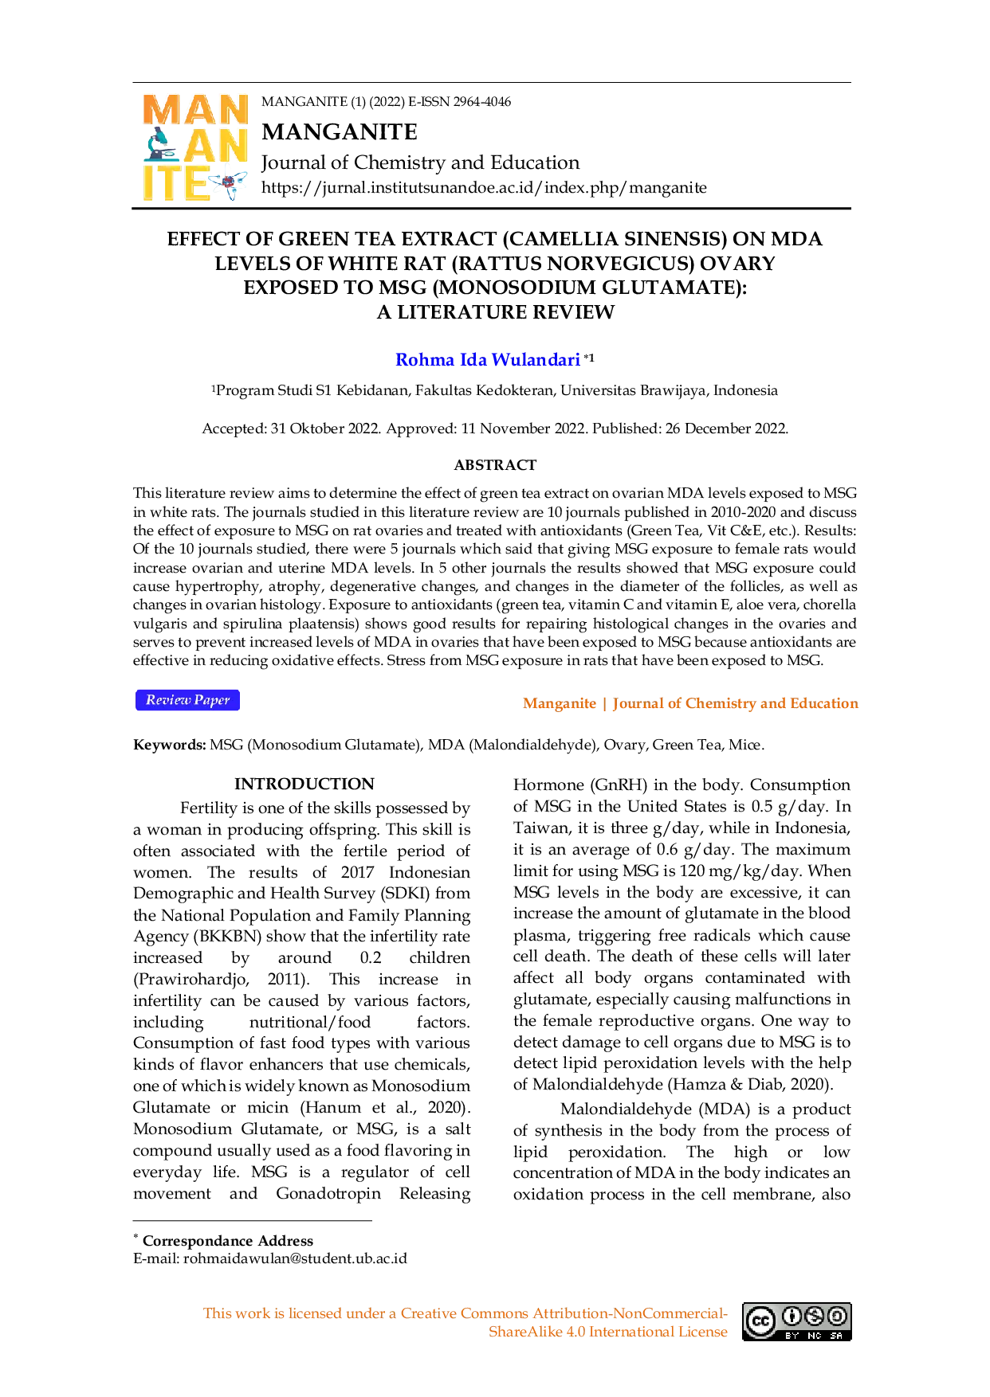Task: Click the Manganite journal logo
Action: tap(195, 147)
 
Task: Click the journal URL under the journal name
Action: tap(484, 188)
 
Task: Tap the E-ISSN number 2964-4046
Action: tap(481, 102)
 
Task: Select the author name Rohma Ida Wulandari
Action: tap(488, 360)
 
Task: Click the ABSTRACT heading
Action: tap(495, 465)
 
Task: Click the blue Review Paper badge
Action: tap(187, 700)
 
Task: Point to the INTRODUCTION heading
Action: tap(304, 784)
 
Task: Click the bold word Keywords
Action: tap(170, 745)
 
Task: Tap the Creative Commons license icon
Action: tap(796, 1321)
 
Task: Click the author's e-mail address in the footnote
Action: tap(295, 1258)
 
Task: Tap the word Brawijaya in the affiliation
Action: tap(666, 390)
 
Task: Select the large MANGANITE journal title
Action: tap(340, 131)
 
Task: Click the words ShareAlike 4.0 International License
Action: tap(608, 1332)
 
